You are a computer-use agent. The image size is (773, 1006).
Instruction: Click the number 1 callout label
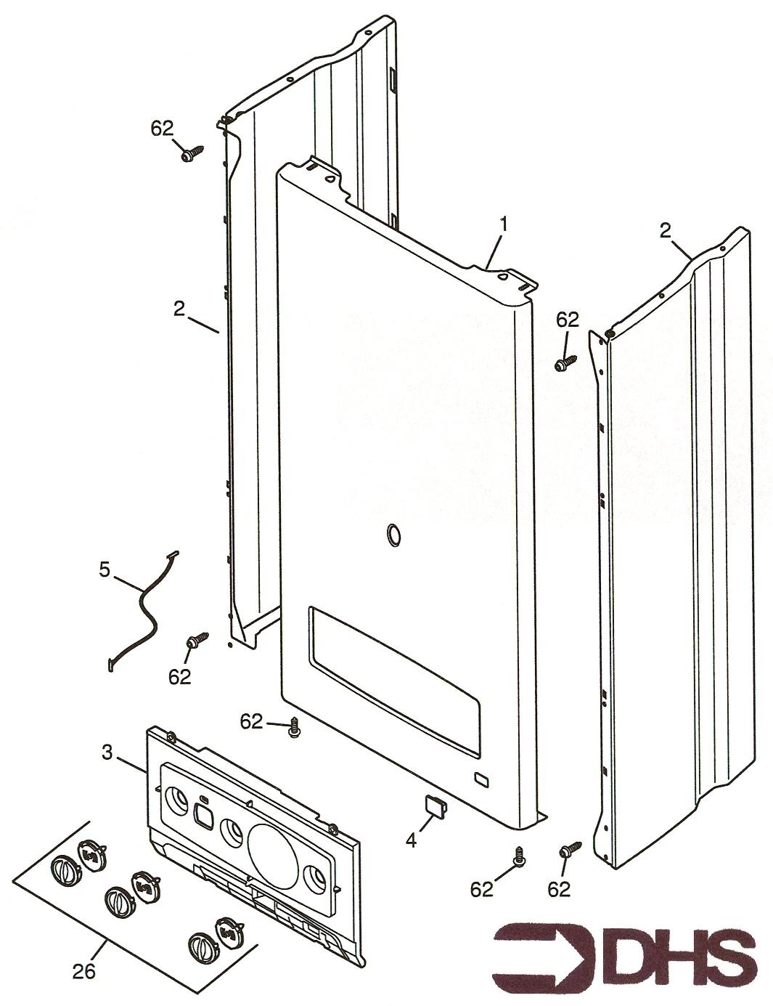(x=502, y=224)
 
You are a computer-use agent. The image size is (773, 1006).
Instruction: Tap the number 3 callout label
(x=107, y=753)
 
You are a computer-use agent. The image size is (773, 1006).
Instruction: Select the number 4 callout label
(x=411, y=840)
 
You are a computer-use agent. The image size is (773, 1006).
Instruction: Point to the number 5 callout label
(x=105, y=569)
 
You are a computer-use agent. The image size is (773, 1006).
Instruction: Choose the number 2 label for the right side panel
(x=665, y=231)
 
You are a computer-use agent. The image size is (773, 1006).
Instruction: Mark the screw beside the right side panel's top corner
(x=565, y=362)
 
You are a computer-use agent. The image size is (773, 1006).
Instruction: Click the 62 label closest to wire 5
(x=180, y=676)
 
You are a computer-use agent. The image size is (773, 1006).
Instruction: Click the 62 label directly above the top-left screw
(x=163, y=129)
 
